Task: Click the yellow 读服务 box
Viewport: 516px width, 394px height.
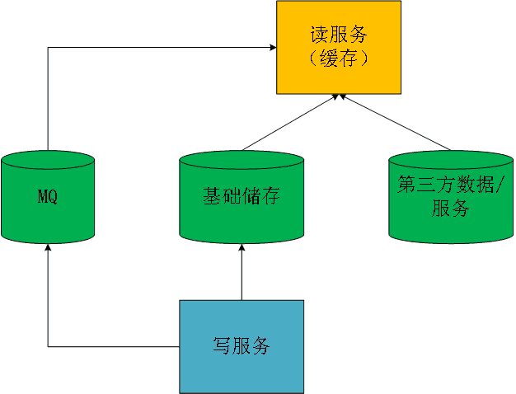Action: point(337,47)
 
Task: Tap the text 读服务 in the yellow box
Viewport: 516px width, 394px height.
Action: point(337,35)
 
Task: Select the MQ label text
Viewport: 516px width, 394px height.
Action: point(48,198)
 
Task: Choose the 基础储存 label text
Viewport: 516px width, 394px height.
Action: point(242,197)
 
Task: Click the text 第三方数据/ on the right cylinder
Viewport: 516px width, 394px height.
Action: point(450,185)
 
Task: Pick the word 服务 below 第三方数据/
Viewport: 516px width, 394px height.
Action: point(450,209)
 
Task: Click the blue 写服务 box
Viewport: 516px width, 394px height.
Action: point(242,346)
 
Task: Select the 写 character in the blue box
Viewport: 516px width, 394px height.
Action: point(222,346)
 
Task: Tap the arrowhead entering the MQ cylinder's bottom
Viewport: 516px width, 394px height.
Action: point(48,248)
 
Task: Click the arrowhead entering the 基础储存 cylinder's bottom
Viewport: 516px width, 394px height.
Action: point(242,248)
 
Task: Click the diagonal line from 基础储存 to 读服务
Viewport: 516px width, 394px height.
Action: point(288,123)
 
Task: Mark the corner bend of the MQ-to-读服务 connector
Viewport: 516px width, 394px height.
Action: point(48,48)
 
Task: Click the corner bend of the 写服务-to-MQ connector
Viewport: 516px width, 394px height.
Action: point(48,346)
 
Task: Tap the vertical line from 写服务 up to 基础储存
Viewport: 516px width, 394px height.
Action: point(242,276)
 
